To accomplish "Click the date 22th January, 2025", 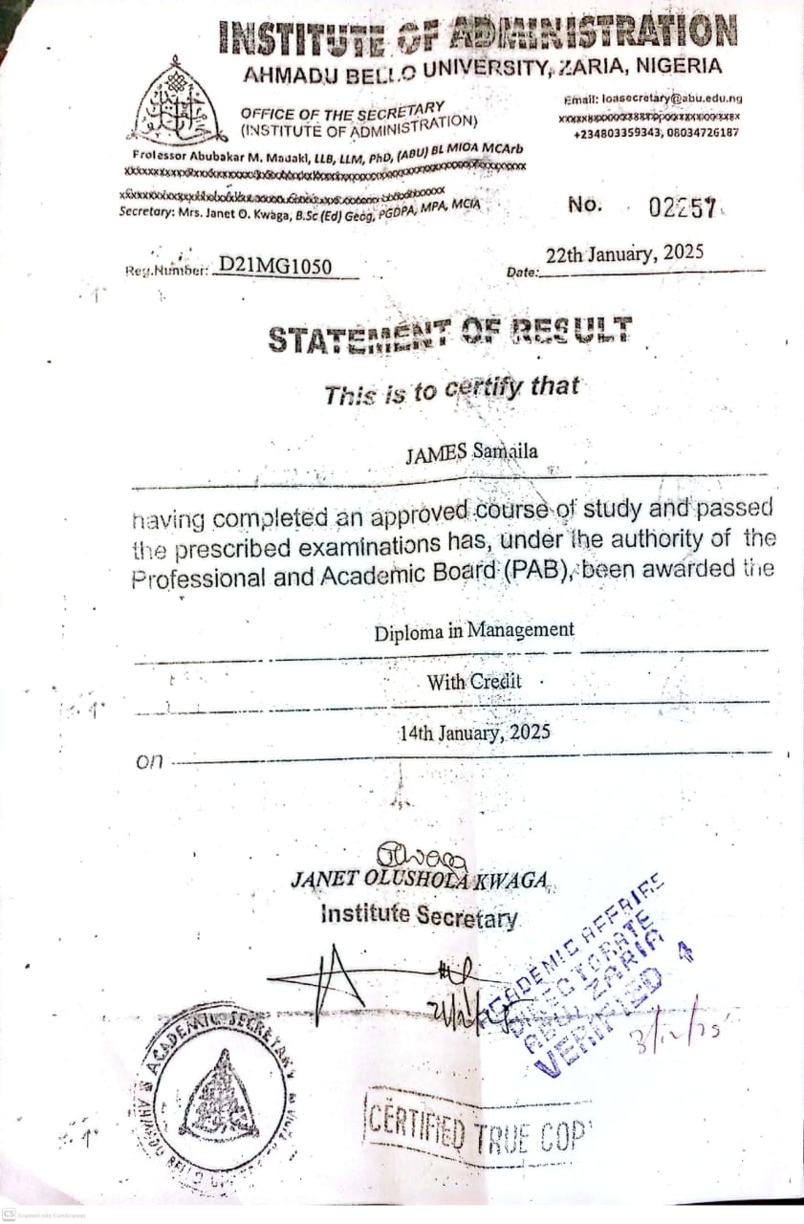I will (624, 254).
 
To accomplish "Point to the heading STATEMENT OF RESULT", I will (449, 335).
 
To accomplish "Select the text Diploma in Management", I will (474, 630).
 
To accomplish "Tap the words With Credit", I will (474, 682).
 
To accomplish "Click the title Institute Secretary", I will (420, 915).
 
